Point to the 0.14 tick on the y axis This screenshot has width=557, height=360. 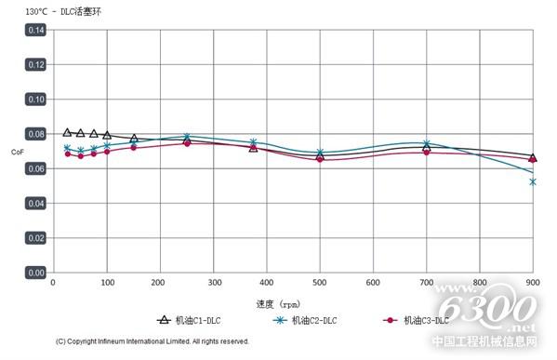click(35, 30)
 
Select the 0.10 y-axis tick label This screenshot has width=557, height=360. click(35, 99)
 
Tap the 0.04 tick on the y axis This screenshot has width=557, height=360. click(35, 203)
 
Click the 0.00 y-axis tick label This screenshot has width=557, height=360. click(35, 273)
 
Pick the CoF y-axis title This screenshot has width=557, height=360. click(17, 152)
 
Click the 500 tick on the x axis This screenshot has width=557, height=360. click(320, 283)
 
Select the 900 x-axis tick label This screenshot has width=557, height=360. click(533, 283)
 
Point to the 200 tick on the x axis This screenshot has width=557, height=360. click(160, 283)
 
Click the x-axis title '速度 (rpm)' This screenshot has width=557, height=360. click(278, 303)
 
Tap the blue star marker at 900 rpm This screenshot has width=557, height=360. click(533, 181)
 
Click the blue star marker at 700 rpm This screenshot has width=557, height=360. click(427, 144)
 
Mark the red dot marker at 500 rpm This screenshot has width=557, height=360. click(320, 158)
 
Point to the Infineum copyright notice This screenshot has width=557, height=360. click(153, 341)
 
